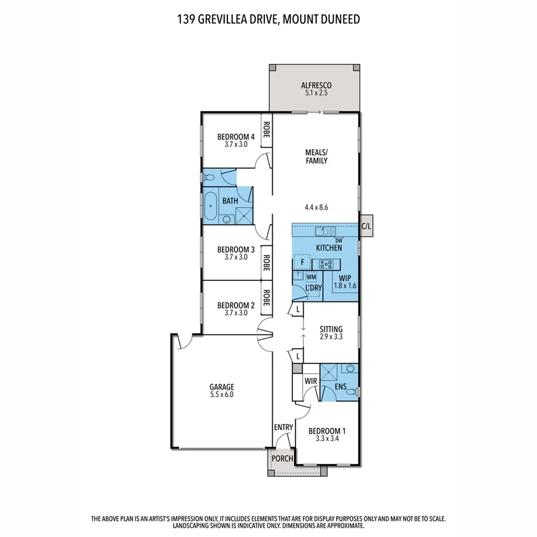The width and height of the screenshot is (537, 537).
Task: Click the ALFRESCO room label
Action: (314, 85)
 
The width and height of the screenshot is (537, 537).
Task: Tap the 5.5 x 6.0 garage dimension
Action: (221, 395)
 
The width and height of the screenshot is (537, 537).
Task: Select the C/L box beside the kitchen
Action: (366, 226)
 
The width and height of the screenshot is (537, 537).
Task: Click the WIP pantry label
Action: (345, 277)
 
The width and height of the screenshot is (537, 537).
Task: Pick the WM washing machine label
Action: (311, 277)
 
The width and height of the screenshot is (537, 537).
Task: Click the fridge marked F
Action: (303, 263)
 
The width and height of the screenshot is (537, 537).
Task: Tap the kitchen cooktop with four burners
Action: (326, 264)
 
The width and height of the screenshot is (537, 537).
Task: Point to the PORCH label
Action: (282, 459)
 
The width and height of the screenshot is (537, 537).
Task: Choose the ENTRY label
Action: (283, 427)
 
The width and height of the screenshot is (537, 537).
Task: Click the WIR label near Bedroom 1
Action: (310, 380)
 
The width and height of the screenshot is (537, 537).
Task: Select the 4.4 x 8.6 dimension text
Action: (316, 207)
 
